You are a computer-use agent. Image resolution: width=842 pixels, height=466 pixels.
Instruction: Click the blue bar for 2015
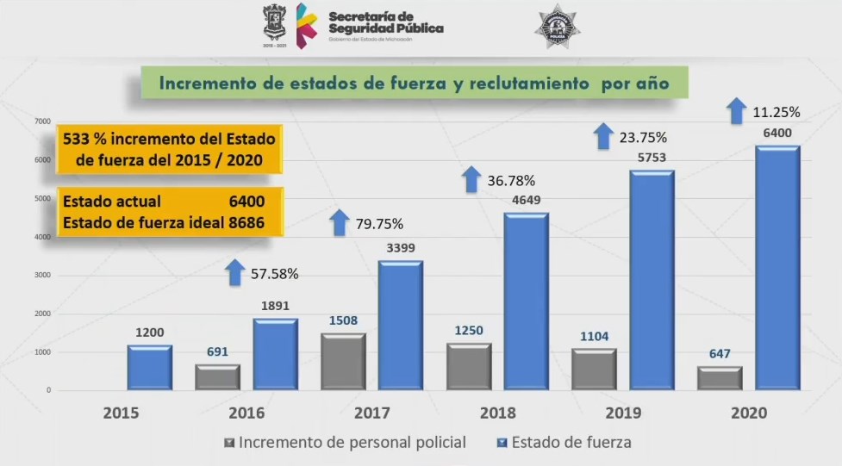point(149,368)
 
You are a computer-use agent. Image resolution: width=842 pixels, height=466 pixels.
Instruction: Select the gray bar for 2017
point(343,362)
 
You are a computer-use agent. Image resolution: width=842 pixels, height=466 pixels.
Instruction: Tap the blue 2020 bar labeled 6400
point(777,268)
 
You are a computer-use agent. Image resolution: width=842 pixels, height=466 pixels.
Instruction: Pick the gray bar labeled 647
point(720,378)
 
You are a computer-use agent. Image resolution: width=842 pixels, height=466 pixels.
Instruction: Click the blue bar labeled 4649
point(526,301)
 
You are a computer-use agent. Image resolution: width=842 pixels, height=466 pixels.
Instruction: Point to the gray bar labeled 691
point(217,377)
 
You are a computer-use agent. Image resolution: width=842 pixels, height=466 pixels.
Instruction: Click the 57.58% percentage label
point(275,274)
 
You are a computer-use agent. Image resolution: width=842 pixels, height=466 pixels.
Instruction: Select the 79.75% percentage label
point(379,225)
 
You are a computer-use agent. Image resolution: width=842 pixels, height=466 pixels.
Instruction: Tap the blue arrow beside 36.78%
point(471,179)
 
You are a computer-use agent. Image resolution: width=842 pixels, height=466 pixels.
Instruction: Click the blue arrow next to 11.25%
point(735,110)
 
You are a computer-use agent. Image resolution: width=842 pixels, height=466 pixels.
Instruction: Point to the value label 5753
point(652,159)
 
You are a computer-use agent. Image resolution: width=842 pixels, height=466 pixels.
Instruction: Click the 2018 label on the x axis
point(498,413)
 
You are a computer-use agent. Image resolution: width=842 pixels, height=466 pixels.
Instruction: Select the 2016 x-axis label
point(246,413)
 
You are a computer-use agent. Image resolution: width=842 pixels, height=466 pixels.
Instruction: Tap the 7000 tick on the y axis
point(42,122)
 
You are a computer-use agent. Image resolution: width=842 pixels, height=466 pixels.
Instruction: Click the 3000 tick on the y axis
point(42,276)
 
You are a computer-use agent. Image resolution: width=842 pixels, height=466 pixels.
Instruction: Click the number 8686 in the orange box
point(246,222)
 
